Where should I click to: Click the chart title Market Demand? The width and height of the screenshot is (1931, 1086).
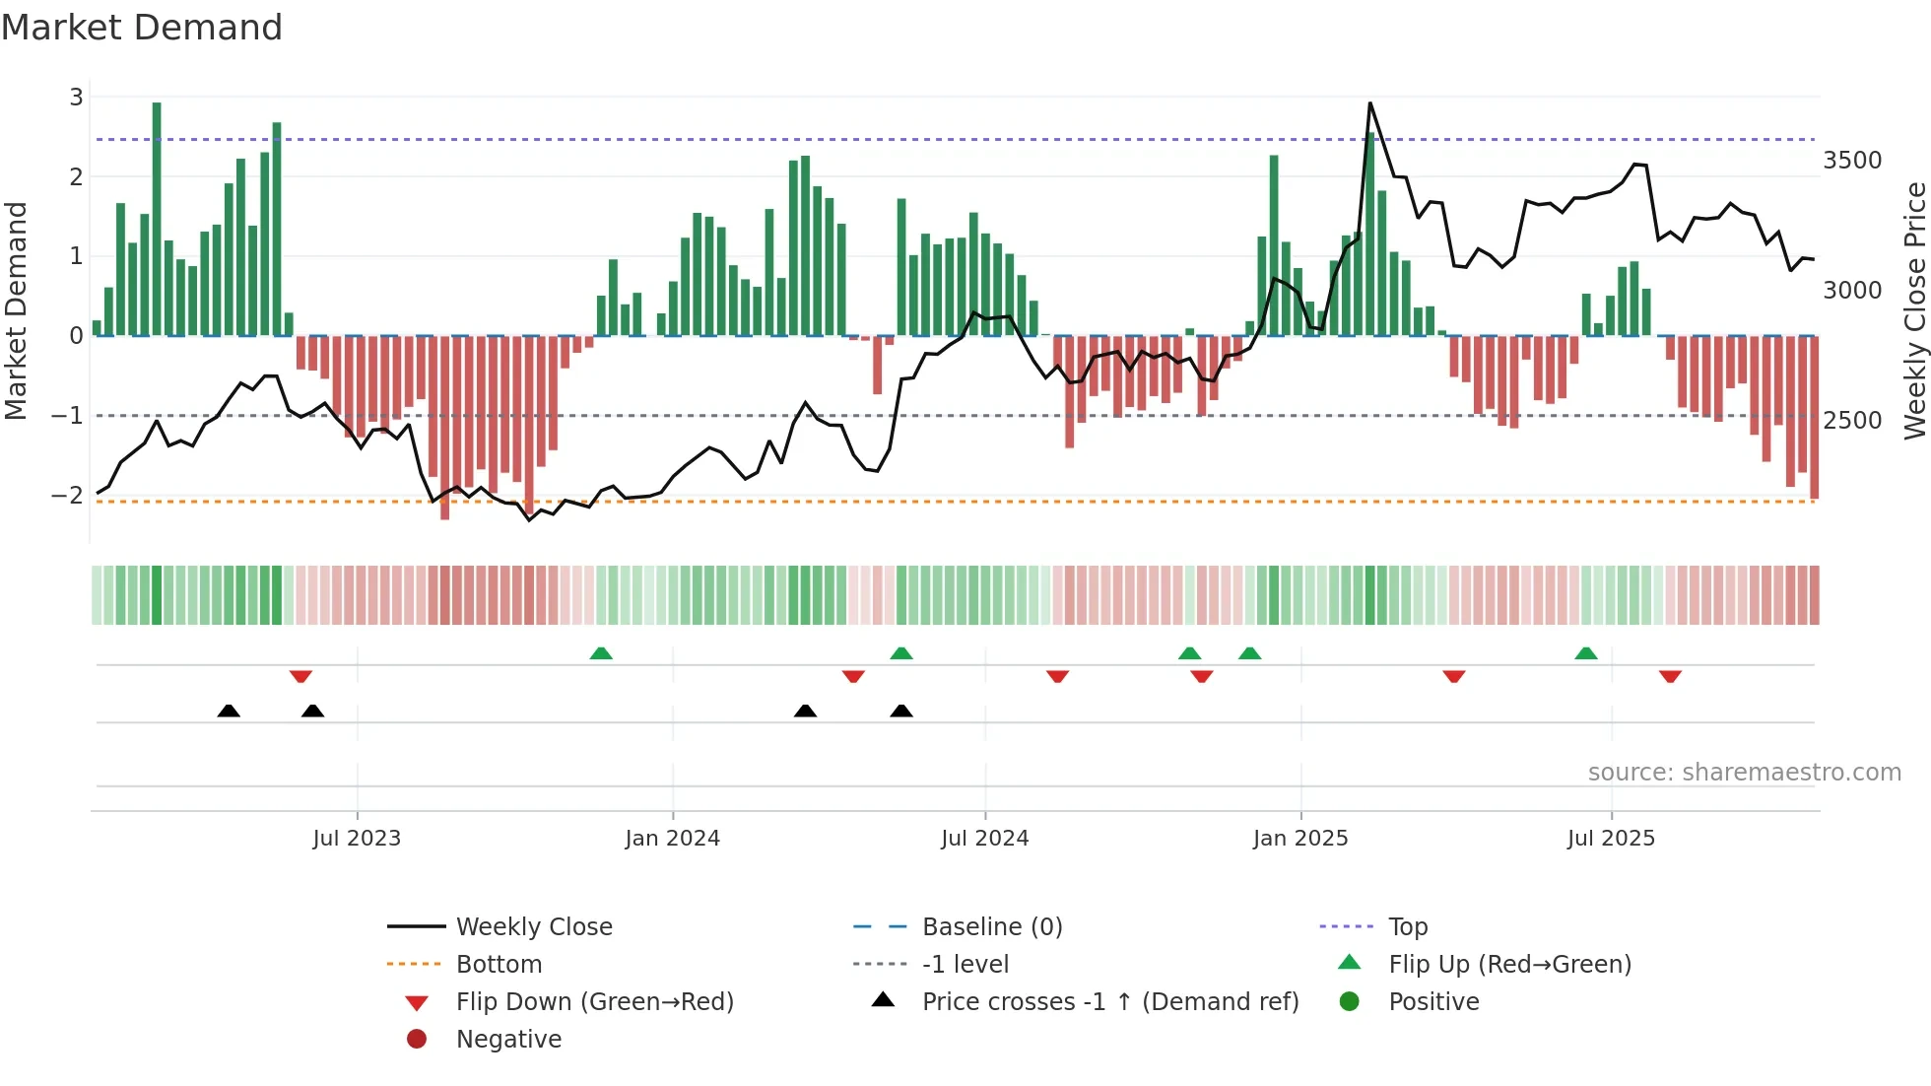tap(142, 28)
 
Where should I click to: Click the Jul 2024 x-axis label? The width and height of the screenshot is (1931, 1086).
tap(984, 839)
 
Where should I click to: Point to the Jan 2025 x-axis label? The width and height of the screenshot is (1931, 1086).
tap(1299, 839)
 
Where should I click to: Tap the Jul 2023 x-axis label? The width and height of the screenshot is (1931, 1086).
tap(357, 839)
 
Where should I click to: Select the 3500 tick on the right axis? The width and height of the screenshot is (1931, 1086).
tap(1852, 161)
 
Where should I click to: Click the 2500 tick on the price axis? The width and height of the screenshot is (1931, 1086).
tap(1852, 421)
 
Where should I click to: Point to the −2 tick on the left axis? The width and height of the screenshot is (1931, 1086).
tap(68, 496)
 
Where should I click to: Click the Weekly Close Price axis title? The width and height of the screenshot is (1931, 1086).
tap(1914, 310)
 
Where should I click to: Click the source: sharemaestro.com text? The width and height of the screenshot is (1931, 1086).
tap(1744, 773)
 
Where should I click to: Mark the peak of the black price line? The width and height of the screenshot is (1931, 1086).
tap(1369, 103)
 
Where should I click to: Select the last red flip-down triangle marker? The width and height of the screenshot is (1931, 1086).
tap(1670, 677)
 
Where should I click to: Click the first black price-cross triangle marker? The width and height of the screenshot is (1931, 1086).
tap(229, 711)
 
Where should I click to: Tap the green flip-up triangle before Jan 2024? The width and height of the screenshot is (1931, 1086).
tap(601, 653)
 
